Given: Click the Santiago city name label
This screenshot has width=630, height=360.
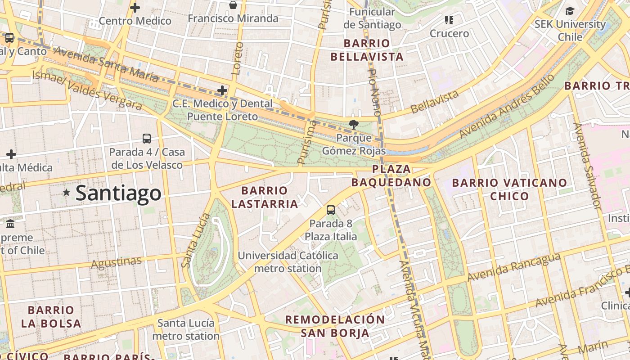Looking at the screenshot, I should click(x=118, y=193).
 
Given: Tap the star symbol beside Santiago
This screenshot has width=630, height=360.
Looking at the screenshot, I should click(x=67, y=193).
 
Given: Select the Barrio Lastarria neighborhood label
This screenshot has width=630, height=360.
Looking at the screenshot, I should click(x=265, y=197).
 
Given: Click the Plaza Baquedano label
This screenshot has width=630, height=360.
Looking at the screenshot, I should click(x=391, y=176).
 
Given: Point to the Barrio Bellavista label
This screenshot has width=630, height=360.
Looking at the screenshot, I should click(x=367, y=50).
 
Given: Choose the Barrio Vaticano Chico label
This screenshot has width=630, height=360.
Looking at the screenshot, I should click(x=509, y=189).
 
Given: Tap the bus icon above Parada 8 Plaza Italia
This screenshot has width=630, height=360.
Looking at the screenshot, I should click(x=331, y=210).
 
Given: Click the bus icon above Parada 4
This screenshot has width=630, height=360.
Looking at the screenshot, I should click(x=147, y=139).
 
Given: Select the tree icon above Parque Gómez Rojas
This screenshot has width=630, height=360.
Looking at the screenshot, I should click(x=354, y=124).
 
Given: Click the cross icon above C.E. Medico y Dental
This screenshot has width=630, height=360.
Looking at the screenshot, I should click(x=222, y=90).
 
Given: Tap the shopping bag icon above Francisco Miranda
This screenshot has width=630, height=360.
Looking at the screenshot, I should click(x=233, y=5).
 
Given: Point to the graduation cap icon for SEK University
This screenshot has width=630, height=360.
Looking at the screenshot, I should click(x=570, y=11).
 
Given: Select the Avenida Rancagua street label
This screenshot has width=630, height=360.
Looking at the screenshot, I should click(x=514, y=267).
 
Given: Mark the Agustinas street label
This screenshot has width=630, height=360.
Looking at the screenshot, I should click(x=116, y=262).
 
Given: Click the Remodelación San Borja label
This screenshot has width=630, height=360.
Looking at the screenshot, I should click(x=335, y=326).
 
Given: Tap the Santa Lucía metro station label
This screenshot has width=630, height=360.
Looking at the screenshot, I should click(x=186, y=329).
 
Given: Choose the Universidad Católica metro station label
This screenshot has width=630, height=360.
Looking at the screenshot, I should click(x=288, y=262).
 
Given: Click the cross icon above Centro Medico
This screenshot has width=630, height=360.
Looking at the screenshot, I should click(x=135, y=8).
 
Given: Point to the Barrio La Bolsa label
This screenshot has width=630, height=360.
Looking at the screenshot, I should click(x=51, y=316).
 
